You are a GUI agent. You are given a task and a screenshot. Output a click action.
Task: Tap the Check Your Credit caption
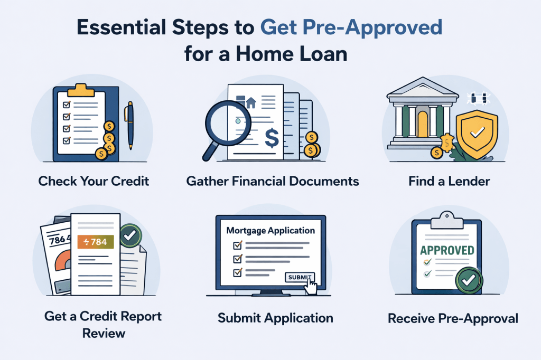tap(94, 182)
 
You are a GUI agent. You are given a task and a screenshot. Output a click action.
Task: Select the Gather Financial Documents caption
tap(273, 182)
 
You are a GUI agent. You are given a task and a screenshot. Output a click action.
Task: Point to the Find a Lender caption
tap(449, 182)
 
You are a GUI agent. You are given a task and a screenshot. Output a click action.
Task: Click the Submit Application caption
tap(275, 318)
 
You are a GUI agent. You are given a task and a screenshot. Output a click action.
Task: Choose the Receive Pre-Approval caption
tap(453, 318)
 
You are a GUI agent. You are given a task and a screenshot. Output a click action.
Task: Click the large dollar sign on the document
tap(272, 138)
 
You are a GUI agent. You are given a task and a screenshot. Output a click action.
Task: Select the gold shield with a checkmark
tap(477, 134)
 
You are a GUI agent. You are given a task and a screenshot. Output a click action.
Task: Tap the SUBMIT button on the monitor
tap(299, 277)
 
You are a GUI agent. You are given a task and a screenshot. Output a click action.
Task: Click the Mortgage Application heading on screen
tap(270, 231)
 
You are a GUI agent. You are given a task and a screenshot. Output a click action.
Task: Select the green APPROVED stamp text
tap(447, 250)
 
